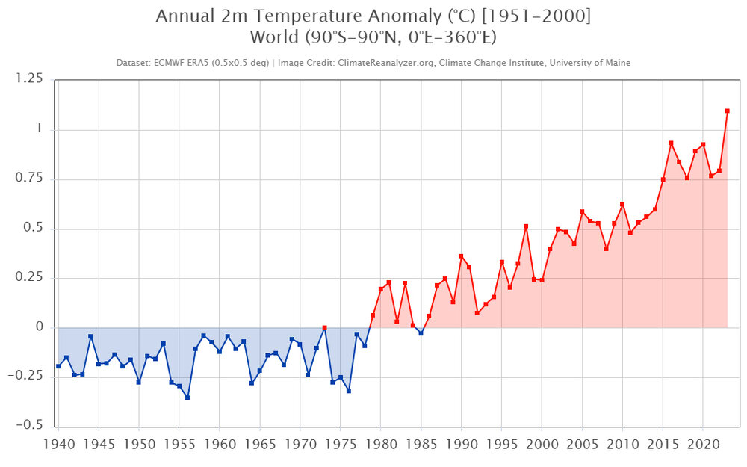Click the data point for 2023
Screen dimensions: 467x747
coord(727,111)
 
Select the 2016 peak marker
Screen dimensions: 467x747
coord(671,143)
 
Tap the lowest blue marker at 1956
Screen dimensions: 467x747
coord(187,398)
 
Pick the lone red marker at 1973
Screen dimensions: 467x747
coord(324,328)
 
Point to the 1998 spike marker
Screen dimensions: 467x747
coord(526,226)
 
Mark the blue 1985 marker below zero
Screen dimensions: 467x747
coord(421,333)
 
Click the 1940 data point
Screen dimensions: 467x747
coord(58,366)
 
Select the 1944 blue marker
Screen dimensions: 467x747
coord(90,337)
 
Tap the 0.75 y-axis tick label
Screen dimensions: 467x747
coord(31,179)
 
